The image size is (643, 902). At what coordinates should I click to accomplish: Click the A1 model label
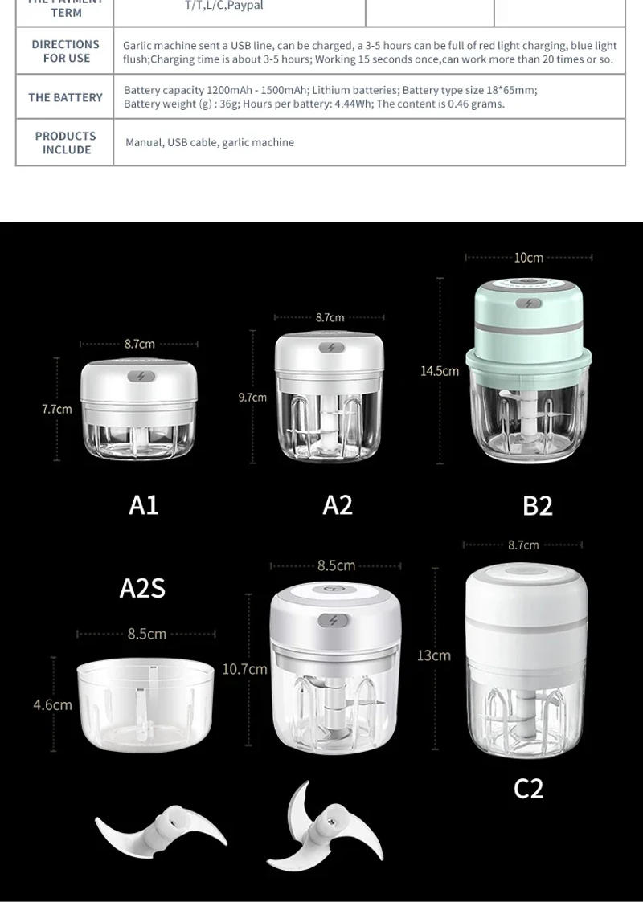click(144, 504)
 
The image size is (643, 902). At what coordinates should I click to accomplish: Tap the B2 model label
click(538, 505)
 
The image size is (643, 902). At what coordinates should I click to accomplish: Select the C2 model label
click(529, 788)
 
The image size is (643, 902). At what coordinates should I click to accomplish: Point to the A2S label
click(142, 588)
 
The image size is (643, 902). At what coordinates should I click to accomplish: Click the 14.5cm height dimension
click(440, 370)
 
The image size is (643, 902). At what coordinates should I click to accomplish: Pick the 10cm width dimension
click(529, 258)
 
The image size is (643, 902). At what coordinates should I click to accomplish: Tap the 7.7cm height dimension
click(57, 409)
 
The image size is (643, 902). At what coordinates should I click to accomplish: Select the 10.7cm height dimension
click(245, 668)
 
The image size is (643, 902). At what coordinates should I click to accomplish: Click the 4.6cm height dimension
click(52, 704)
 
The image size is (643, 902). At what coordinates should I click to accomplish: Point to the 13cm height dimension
click(433, 655)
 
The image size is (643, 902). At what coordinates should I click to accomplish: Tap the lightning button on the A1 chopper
click(141, 375)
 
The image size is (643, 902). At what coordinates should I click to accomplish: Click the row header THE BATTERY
click(65, 97)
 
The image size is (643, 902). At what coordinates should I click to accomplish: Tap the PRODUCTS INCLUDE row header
click(66, 143)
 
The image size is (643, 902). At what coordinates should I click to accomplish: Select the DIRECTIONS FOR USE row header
click(66, 51)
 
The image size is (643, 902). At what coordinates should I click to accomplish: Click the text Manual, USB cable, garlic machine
click(210, 142)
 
